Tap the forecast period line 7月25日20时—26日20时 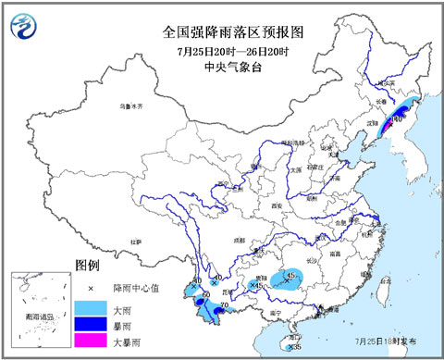[222, 50]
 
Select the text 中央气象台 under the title [222, 67]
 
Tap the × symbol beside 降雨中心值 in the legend [91, 289]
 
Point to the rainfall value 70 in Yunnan [223, 307]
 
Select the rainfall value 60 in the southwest [204, 293]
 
